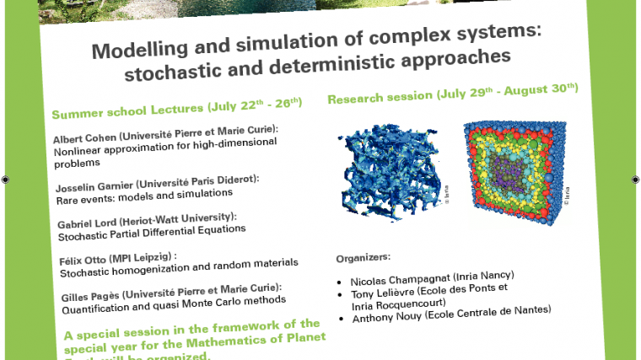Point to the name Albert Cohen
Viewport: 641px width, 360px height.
click(84, 137)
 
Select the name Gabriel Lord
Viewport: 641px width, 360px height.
click(88, 223)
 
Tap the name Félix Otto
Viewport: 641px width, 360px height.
click(81, 259)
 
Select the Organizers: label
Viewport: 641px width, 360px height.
click(364, 257)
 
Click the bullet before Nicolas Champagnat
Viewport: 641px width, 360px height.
click(338, 283)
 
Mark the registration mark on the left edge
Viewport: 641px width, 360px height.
click(6, 180)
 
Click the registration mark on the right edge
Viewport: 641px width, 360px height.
click(635, 179)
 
